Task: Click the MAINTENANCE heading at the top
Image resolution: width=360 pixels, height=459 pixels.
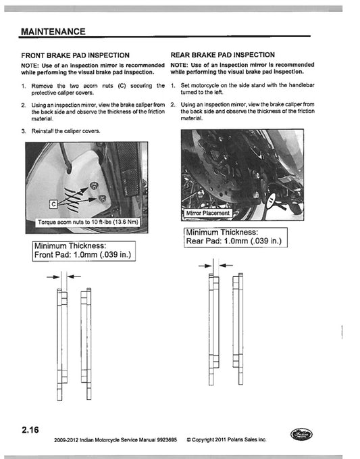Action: (x=53, y=32)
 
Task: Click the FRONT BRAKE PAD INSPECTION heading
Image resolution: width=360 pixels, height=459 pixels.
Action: (x=75, y=55)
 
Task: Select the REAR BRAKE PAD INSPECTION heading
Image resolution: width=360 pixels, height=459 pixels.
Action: (x=222, y=55)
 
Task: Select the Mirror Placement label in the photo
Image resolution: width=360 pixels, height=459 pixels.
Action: (x=207, y=213)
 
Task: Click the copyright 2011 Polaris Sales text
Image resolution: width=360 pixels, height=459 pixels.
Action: (x=226, y=440)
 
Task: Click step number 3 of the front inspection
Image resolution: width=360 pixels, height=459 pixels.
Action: (x=24, y=131)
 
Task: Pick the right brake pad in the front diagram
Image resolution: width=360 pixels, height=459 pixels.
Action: (x=86, y=335)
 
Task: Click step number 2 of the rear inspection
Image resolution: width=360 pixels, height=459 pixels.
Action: (x=173, y=105)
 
